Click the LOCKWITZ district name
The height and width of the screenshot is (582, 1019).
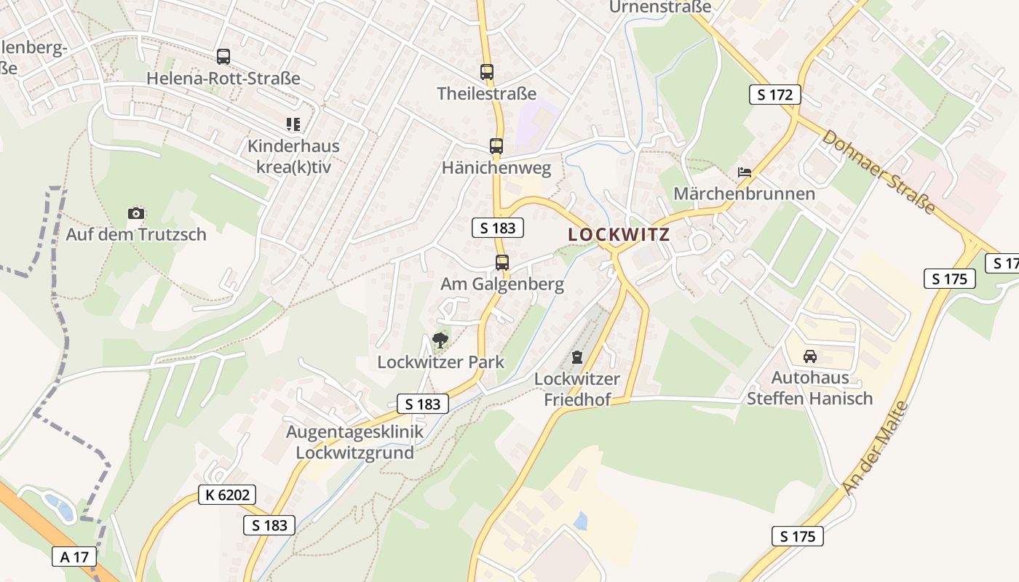[x=618, y=235]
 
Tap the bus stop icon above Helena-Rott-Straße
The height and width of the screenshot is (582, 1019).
[x=223, y=56]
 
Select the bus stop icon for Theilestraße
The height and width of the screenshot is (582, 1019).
[x=487, y=72]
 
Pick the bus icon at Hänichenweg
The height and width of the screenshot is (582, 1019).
[x=496, y=145]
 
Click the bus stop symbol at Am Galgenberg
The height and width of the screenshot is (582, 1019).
[x=502, y=263]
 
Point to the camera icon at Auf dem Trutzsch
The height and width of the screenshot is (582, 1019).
[x=136, y=213]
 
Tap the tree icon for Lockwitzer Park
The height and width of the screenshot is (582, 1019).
[x=440, y=340]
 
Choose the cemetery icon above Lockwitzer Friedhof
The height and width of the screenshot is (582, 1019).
[x=577, y=356]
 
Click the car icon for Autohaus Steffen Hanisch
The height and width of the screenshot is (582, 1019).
[x=809, y=356]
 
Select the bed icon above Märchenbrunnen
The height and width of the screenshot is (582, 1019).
[x=744, y=172]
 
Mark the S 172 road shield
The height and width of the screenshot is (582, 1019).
[x=775, y=94]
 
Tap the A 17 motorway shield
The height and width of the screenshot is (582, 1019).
[x=74, y=557]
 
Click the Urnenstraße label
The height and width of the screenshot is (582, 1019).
[x=659, y=7]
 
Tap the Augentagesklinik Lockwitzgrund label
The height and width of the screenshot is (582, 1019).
[x=354, y=442]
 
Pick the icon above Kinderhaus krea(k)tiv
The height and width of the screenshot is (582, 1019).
[x=293, y=124]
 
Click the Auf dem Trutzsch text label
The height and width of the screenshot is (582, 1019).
[x=136, y=234]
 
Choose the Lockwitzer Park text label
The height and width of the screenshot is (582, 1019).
[x=440, y=362]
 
